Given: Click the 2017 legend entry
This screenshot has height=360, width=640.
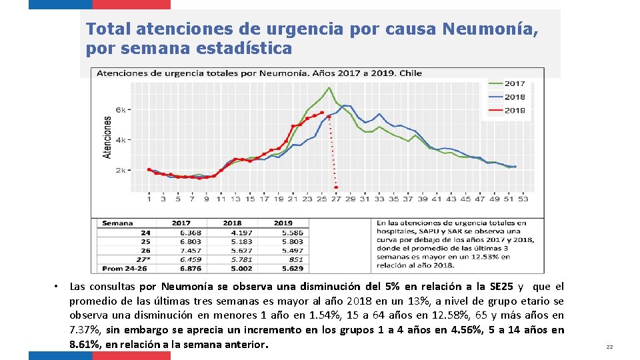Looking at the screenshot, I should pos(514,84).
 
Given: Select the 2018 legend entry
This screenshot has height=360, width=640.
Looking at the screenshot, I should pos(514,97).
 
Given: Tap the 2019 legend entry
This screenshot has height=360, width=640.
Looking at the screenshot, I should pos(514,111).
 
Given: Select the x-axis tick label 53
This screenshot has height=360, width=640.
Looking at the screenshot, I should pos(523,198).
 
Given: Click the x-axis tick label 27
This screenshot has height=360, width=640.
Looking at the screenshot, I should pos(336,198).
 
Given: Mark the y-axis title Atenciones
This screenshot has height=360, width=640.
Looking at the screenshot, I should pos(107,137).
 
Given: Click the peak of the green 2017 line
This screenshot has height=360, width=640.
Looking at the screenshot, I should pos(329,87).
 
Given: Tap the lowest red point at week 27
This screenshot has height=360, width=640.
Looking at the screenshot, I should pos(336,188).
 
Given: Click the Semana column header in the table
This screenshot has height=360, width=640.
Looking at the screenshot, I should pos(118,223).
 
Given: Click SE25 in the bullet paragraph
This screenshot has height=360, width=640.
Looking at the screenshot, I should pos(502,287).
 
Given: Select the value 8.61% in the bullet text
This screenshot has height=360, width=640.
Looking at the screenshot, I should pos(85,345).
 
